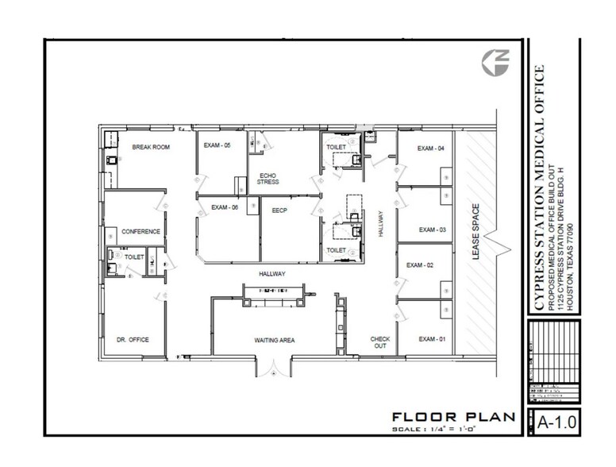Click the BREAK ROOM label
pos(151,147)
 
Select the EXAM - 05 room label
pos(217,145)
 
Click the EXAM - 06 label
pos(225,208)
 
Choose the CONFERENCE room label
pos(141,232)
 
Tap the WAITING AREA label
pos(275,340)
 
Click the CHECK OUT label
pos(380,342)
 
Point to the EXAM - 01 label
pos(431,339)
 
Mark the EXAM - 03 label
pos(433,230)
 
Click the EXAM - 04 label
pos(430,149)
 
